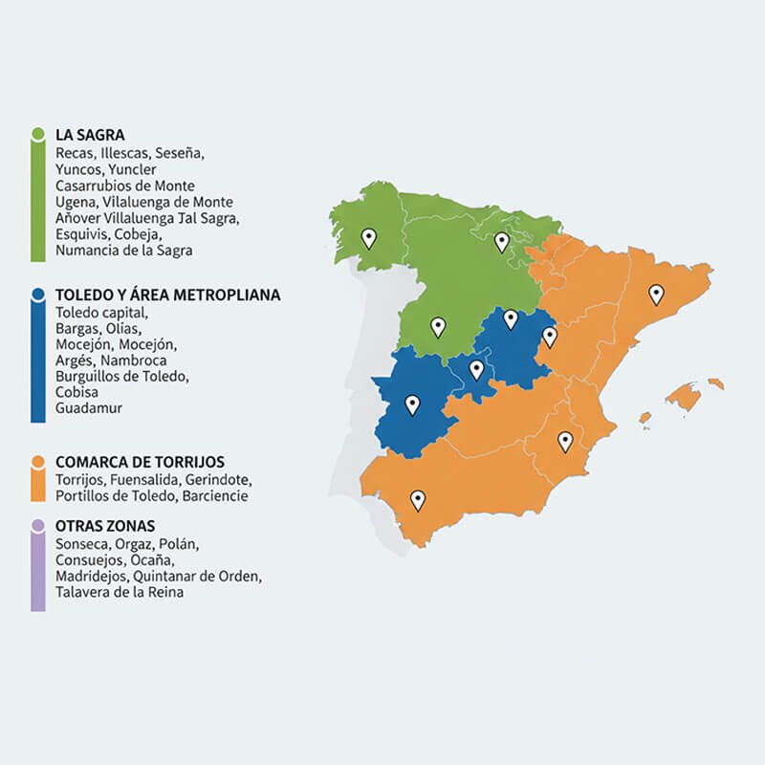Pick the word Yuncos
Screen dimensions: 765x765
76,169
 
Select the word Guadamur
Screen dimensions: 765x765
89,408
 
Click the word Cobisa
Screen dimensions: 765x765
76,392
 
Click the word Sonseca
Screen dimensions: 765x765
82,544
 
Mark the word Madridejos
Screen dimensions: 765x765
91,577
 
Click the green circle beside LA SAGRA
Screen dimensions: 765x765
38,134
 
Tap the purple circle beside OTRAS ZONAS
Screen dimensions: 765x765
37,526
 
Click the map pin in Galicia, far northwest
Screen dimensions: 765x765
368,237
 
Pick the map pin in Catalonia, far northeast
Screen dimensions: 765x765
656,294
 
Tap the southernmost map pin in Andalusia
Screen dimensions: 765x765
417,499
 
